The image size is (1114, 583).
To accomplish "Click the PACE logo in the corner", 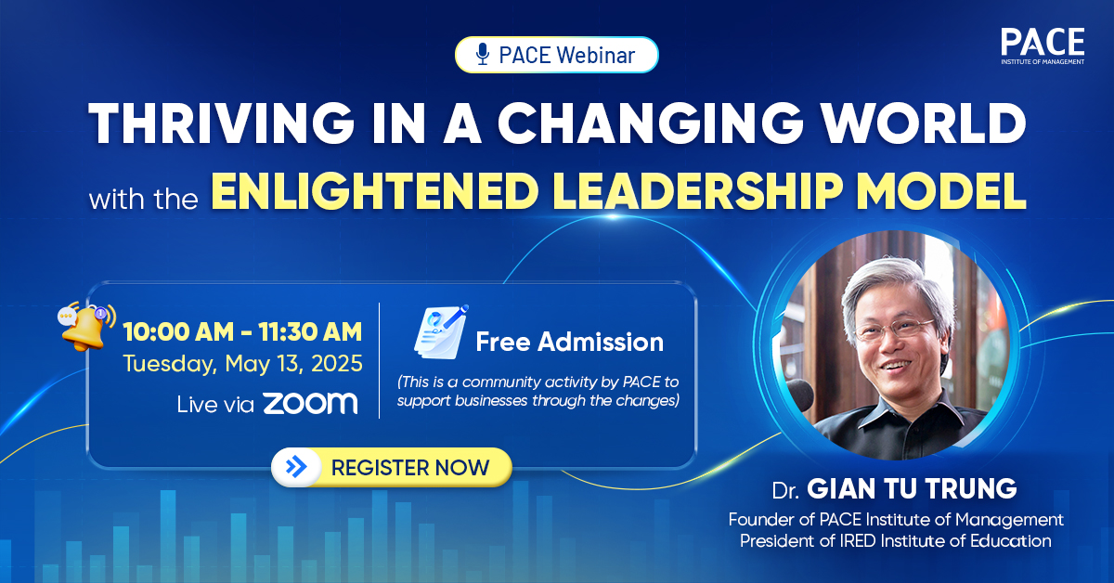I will click(1042, 47).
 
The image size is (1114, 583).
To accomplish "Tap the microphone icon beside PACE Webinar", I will click(482, 55).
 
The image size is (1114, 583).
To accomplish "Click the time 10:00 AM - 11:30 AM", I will click(242, 331).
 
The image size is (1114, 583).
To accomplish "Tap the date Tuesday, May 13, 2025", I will click(241, 364).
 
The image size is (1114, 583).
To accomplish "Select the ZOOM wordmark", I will click(309, 403).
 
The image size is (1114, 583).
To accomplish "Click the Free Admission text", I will click(569, 342).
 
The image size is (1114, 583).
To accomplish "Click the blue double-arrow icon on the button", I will click(297, 467).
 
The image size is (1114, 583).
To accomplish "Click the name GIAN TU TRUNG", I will click(911, 488).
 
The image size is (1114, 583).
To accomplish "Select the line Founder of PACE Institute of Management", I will click(895, 519).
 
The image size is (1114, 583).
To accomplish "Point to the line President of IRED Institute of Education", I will click(895, 541).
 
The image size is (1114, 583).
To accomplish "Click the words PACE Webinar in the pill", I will click(566, 55).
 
